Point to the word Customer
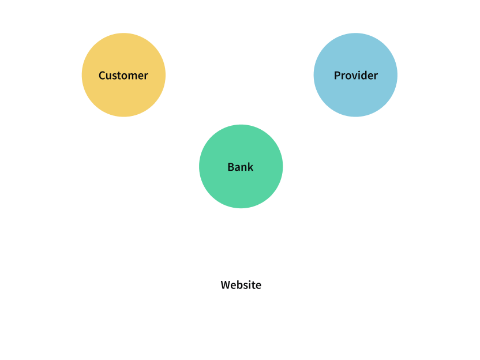point(123,76)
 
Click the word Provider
point(355,76)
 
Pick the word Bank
point(241,167)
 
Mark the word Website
point(241,285)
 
